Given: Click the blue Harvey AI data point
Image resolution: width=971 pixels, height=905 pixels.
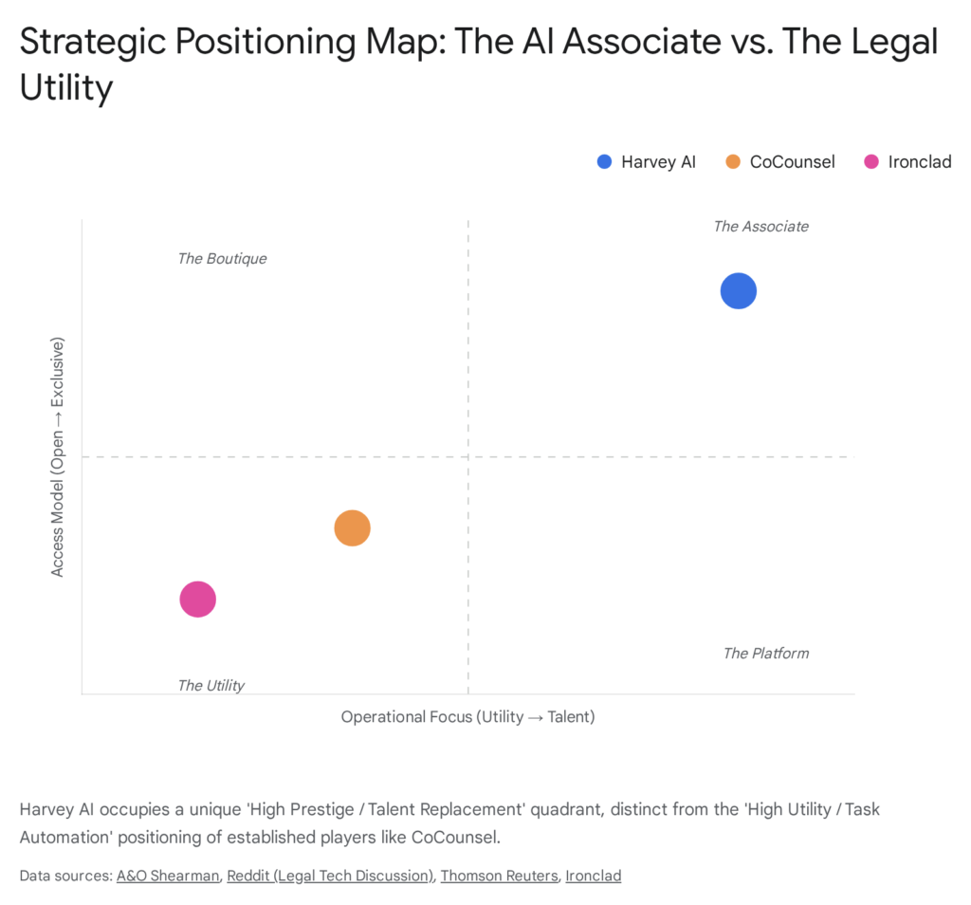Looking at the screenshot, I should [738, 291].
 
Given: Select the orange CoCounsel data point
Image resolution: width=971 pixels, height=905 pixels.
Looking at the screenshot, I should [352, 528].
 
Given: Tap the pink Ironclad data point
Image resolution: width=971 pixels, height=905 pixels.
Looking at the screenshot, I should [197, 600].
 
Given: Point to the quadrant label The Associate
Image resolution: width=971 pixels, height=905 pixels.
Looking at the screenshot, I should [760, 227].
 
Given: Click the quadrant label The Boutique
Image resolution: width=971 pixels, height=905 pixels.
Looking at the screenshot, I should [222, 259].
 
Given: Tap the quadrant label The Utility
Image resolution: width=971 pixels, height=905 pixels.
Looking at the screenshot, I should [211, 686].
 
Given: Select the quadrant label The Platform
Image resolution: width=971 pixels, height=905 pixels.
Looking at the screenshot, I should [765, 654].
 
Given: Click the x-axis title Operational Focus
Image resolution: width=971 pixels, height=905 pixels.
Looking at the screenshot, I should [467, 717].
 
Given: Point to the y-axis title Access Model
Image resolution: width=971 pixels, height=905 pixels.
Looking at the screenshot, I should [58, 456].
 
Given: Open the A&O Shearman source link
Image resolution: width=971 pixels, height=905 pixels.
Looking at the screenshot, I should [167, 876].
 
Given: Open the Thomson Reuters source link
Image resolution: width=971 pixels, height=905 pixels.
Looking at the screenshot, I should [499, 876].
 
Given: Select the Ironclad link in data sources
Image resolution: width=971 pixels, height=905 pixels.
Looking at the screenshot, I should [594, 876].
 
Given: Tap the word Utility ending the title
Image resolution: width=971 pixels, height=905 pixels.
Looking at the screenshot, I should [66, 88].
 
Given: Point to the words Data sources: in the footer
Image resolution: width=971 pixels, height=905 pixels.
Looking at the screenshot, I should [64, 876].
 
